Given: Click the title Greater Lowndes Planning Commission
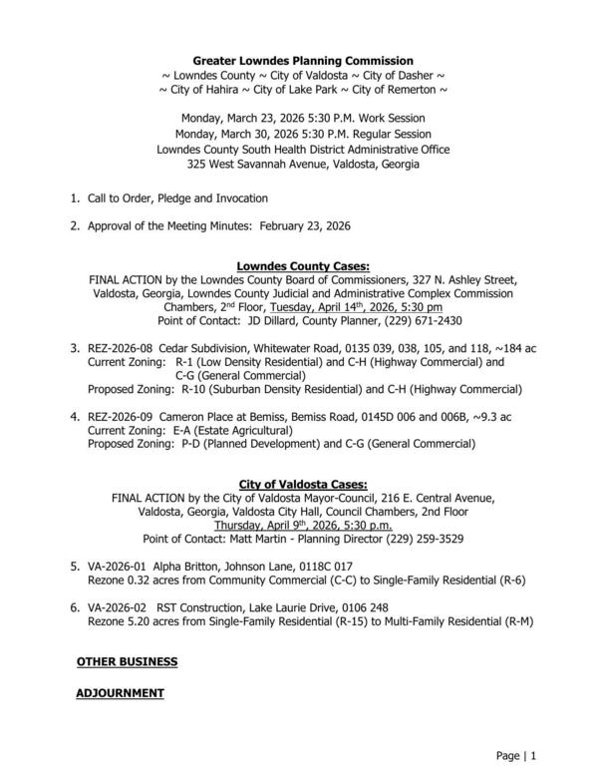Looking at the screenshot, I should (x=303, y=62).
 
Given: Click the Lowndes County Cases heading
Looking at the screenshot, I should (x=302, y=266).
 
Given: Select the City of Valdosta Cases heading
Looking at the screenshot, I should (x=302, y=485).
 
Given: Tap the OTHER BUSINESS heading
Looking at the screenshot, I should (x=128, y=661).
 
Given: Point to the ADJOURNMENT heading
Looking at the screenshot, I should (x=121, y=692).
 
